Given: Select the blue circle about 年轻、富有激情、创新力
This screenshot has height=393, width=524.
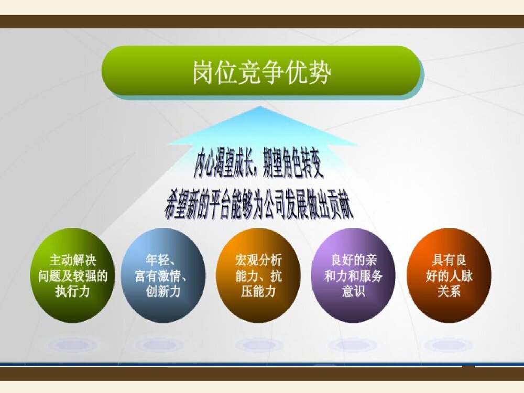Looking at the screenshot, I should point(163,275).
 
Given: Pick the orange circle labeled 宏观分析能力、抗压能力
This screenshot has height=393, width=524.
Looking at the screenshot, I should point(258,275).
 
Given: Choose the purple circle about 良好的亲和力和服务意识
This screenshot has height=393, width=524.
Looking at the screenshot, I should point(354,275).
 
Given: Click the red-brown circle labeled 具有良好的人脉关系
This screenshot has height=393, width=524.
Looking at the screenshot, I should point(449,275).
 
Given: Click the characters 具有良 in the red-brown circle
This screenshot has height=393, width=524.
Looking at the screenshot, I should point(449,259).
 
